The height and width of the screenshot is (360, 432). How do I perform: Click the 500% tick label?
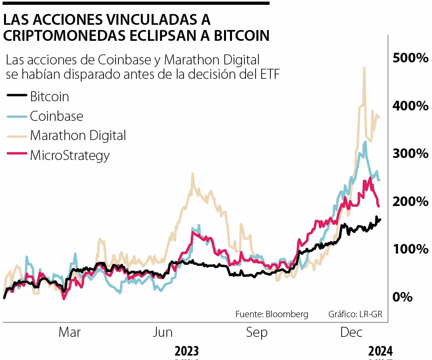[410, 58]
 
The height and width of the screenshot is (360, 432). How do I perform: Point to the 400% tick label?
[410, 106]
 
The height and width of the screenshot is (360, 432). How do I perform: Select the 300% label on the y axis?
[410, 154]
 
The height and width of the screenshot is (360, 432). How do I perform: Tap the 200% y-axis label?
[410, 201]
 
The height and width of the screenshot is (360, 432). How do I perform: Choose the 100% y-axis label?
[410, 249]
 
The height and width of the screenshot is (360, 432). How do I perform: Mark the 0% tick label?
[402, 297]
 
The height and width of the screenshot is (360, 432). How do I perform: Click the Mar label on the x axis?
[70, 332]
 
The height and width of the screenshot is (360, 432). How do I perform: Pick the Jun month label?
[163, 332]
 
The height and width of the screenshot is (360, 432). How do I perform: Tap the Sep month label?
[257, 332]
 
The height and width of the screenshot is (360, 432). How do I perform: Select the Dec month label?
[351, 332]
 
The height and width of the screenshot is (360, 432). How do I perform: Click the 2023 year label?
[187, 351]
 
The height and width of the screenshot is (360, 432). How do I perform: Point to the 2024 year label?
[380, 351]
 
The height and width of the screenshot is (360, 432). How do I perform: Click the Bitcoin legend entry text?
[50, 96]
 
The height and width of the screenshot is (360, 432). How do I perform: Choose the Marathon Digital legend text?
[78, 135]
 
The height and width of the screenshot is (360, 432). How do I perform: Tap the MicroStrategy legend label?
[70, 155]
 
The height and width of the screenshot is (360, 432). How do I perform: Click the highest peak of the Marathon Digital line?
[364, 68]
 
